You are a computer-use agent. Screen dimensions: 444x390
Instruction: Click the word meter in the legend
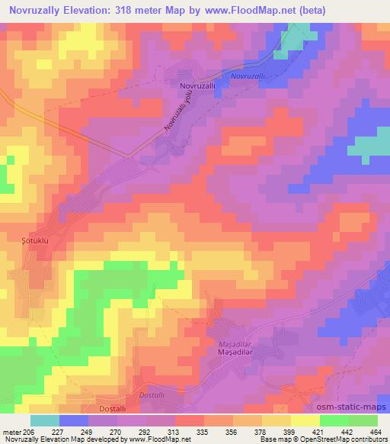(13, 431)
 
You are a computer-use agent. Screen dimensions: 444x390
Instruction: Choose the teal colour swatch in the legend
(44, 420)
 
